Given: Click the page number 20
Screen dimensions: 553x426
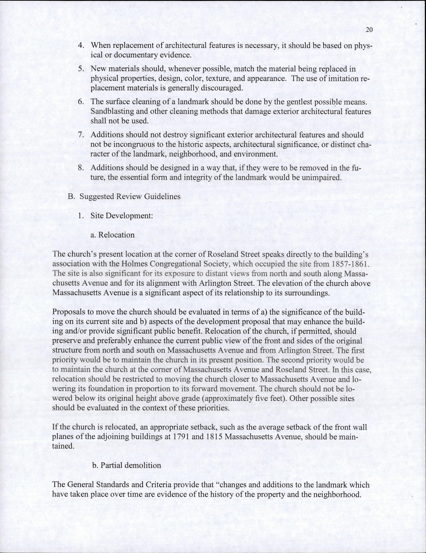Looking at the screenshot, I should (370, 31).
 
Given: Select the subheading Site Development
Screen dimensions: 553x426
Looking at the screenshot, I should (122, 216).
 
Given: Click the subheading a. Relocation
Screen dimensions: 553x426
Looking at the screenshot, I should (114, 235).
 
